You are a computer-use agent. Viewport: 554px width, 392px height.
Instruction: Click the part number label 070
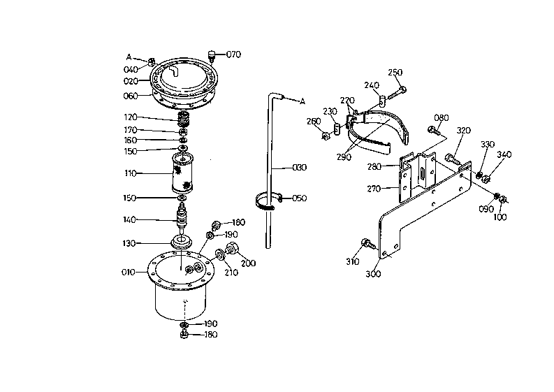coord(233,55)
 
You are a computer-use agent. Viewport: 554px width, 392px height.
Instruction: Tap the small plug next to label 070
coord(212,56)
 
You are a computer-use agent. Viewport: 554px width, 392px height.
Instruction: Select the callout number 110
coord(131,173)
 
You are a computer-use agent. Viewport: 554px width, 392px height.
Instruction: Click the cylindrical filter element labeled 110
coord(182,173)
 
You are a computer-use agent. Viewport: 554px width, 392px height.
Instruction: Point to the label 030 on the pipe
coord(300,167)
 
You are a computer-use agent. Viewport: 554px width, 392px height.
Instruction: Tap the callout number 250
coord(395,72)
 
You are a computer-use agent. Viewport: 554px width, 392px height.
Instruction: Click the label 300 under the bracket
coord(373,274)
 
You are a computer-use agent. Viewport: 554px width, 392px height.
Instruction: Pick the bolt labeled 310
coord(367,244)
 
